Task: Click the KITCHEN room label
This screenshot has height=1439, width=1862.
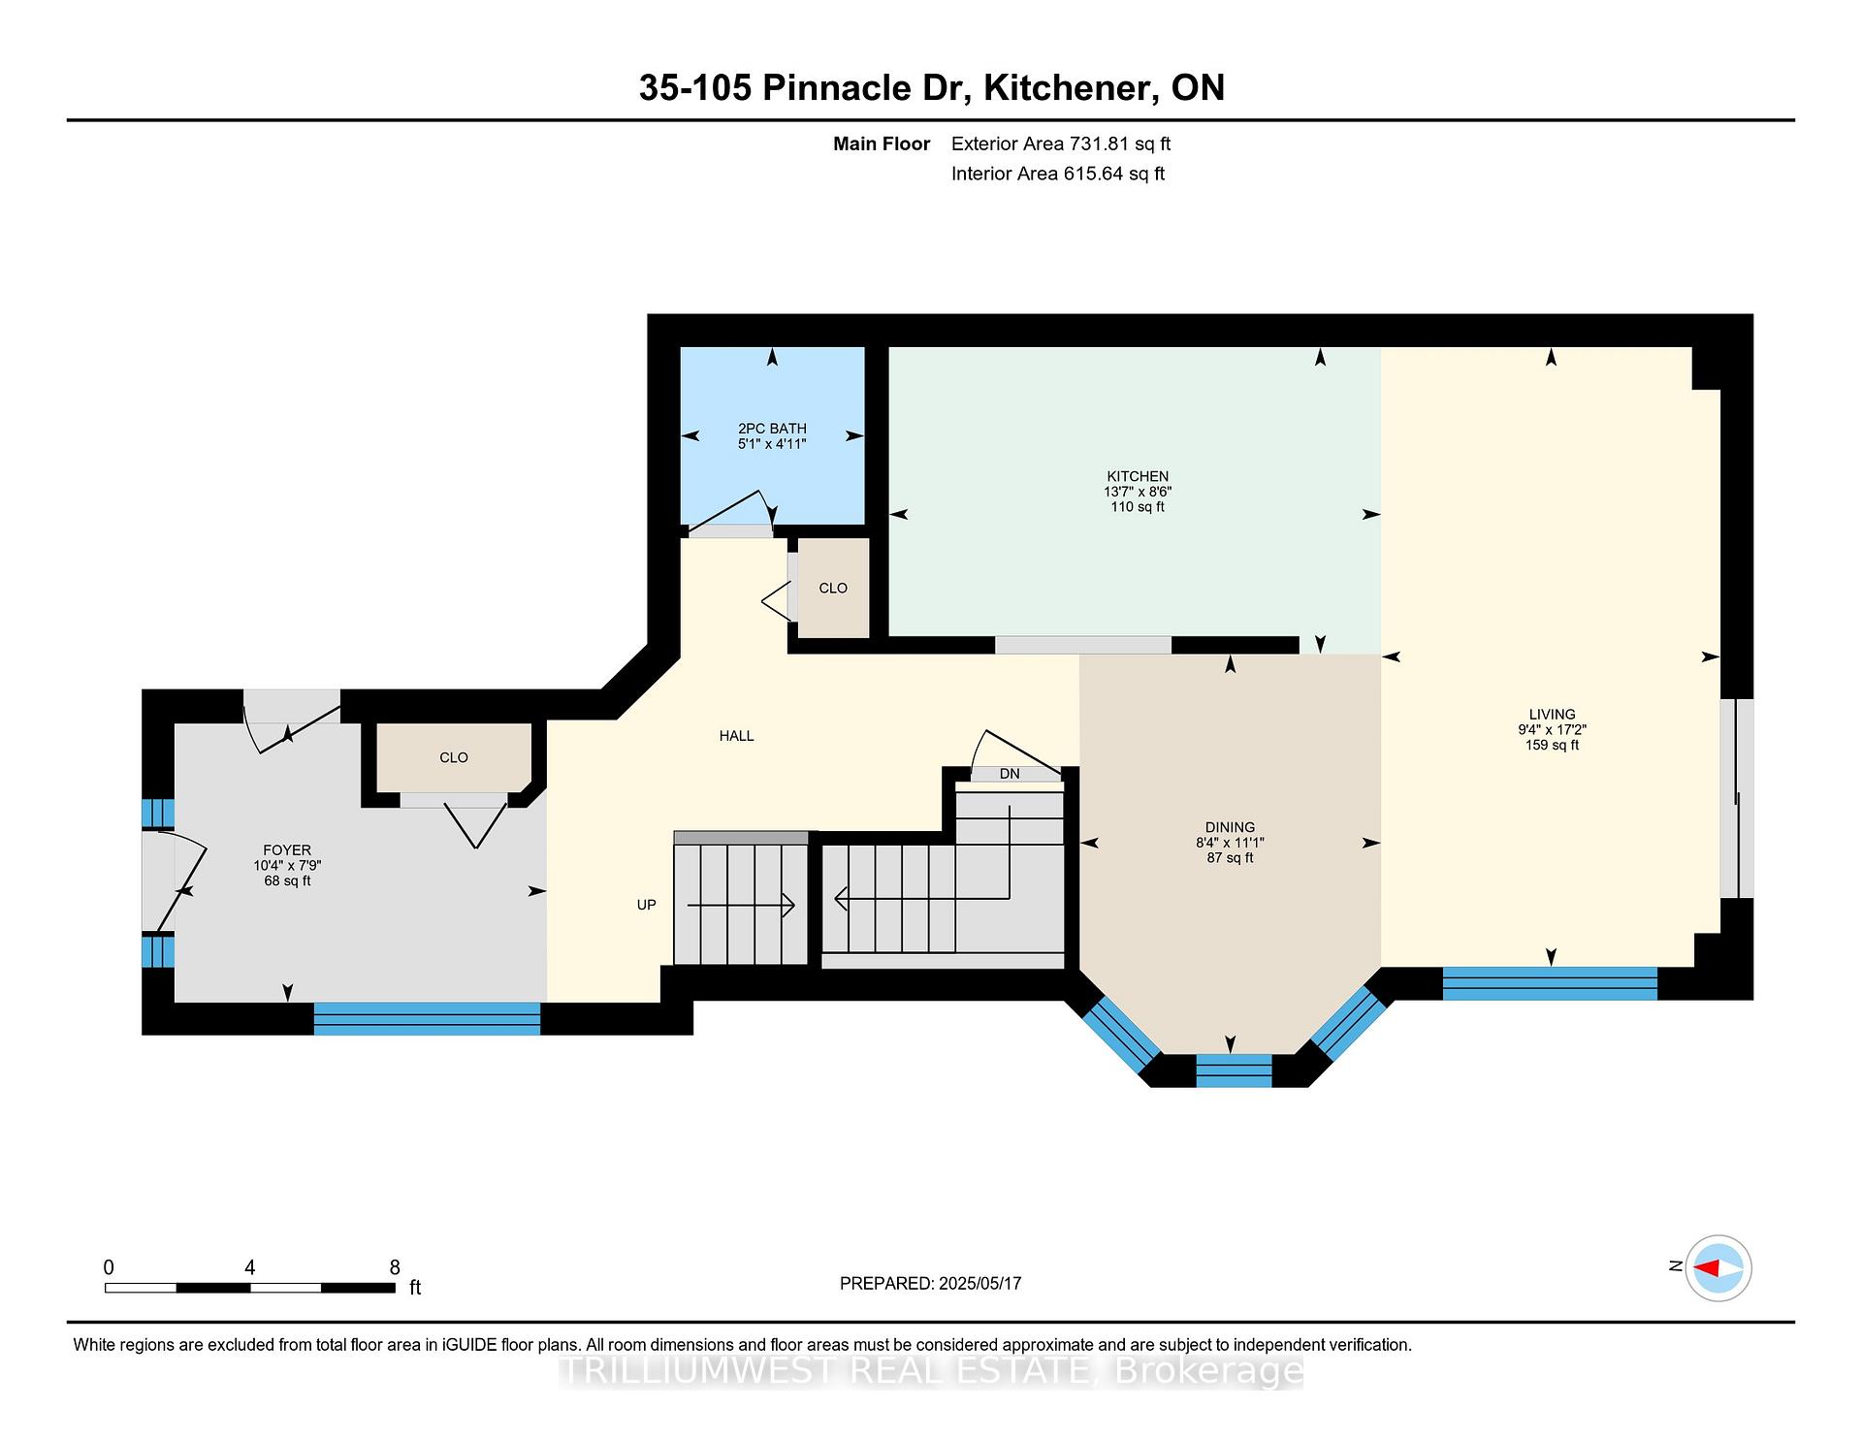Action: (1138, 476)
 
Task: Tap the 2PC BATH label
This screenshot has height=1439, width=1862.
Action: (772, 429)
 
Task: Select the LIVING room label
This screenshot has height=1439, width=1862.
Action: (1552, 715)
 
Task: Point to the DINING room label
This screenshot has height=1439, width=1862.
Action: (1230, 828)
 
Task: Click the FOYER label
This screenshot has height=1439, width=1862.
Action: (287, 850)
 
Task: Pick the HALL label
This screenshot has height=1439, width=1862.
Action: (736, 736)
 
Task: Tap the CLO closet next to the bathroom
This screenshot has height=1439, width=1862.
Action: (833, 589)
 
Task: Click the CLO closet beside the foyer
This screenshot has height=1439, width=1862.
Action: (454, 758)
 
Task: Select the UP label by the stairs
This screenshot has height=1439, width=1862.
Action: (647, 905)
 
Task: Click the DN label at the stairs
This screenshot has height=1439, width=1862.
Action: (1010, 774)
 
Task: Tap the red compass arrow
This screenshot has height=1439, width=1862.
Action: (1707, 1267)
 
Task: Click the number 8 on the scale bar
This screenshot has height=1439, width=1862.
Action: (395, 1267)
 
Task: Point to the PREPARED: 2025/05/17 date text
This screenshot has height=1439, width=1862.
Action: (930, 1283)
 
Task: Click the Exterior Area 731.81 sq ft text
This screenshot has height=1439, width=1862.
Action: (1061, 144)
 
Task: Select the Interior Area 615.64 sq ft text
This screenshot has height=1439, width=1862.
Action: (1058, 174)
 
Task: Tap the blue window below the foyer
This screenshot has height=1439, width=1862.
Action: (427, 1018)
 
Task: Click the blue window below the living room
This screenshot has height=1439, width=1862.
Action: (1550, 983)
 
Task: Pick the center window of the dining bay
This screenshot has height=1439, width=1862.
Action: (1234, 1071)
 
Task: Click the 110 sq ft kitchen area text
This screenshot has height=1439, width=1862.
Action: (1138, 507)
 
